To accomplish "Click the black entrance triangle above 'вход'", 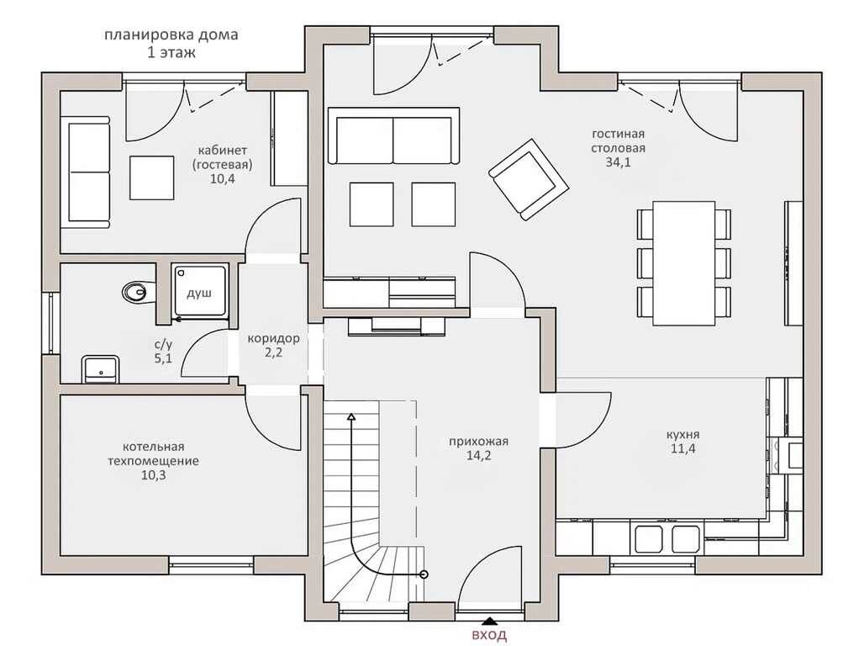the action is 489,622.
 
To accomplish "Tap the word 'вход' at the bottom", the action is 489,635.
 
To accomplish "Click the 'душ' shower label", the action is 199,294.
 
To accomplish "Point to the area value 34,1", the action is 618,161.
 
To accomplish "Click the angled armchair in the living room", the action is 528,179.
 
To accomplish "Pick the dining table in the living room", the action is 683,263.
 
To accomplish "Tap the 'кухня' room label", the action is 682,434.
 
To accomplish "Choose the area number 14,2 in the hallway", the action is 478,455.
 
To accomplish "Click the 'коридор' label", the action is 273,338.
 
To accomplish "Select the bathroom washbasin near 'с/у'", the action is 100,369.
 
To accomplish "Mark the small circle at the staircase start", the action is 424,575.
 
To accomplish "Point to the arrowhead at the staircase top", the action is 351,416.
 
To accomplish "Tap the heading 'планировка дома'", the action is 171,35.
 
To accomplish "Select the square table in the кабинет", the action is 152,177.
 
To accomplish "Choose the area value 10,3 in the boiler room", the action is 153,475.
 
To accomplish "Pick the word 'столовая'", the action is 618,148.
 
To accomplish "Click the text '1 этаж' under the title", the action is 171,53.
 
